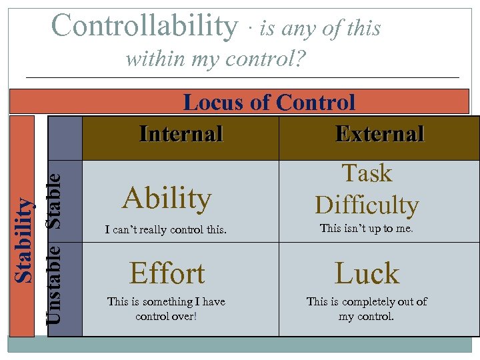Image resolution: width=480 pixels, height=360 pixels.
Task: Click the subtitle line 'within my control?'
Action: pos(215,59)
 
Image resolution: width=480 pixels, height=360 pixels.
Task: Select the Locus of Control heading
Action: pos(269,103)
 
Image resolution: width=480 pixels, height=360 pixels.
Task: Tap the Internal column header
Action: pos(181,134)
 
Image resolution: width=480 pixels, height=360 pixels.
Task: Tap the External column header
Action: pos(379,134)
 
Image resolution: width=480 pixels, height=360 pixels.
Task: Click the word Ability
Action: pos(167,198)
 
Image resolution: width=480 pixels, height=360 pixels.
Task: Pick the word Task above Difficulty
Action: pos(367,173)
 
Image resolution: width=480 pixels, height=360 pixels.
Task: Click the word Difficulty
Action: pos(367,205)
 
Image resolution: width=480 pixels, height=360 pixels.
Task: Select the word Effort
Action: pos(167,273)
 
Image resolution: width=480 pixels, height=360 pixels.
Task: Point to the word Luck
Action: pos(367,273)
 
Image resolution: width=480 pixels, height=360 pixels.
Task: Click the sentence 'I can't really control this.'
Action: pos(167,231)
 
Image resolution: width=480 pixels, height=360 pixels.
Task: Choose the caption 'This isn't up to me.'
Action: pos(367,228)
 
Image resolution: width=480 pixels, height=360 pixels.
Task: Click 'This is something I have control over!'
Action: pos(167,309)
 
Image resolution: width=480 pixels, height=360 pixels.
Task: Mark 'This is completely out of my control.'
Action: pos(367,309)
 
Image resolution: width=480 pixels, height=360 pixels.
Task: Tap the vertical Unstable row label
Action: pos(57,283)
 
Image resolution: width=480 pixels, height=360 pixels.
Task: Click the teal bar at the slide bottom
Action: pos(240,344)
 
